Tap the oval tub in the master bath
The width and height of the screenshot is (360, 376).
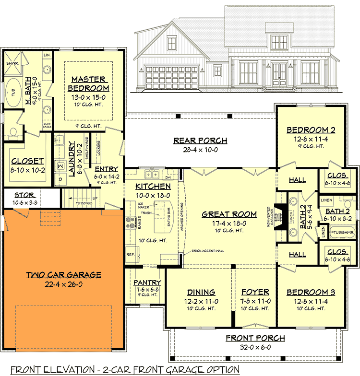[12, 93]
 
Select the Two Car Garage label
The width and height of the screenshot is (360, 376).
[63, 275]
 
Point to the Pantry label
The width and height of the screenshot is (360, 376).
[147, 283]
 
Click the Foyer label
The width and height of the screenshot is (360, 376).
[254, 292]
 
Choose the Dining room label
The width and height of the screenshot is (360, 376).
[201, 292]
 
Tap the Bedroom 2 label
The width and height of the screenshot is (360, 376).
[311, 130]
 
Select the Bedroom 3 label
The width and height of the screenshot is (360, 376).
[311, 292]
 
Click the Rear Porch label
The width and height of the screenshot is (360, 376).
[200, 141]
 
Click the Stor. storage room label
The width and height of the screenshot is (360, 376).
[24, 195]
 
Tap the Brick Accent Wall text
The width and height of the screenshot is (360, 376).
[208, 251]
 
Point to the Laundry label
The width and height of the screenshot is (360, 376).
[72, 158]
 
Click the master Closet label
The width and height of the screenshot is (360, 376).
[27, 162]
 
